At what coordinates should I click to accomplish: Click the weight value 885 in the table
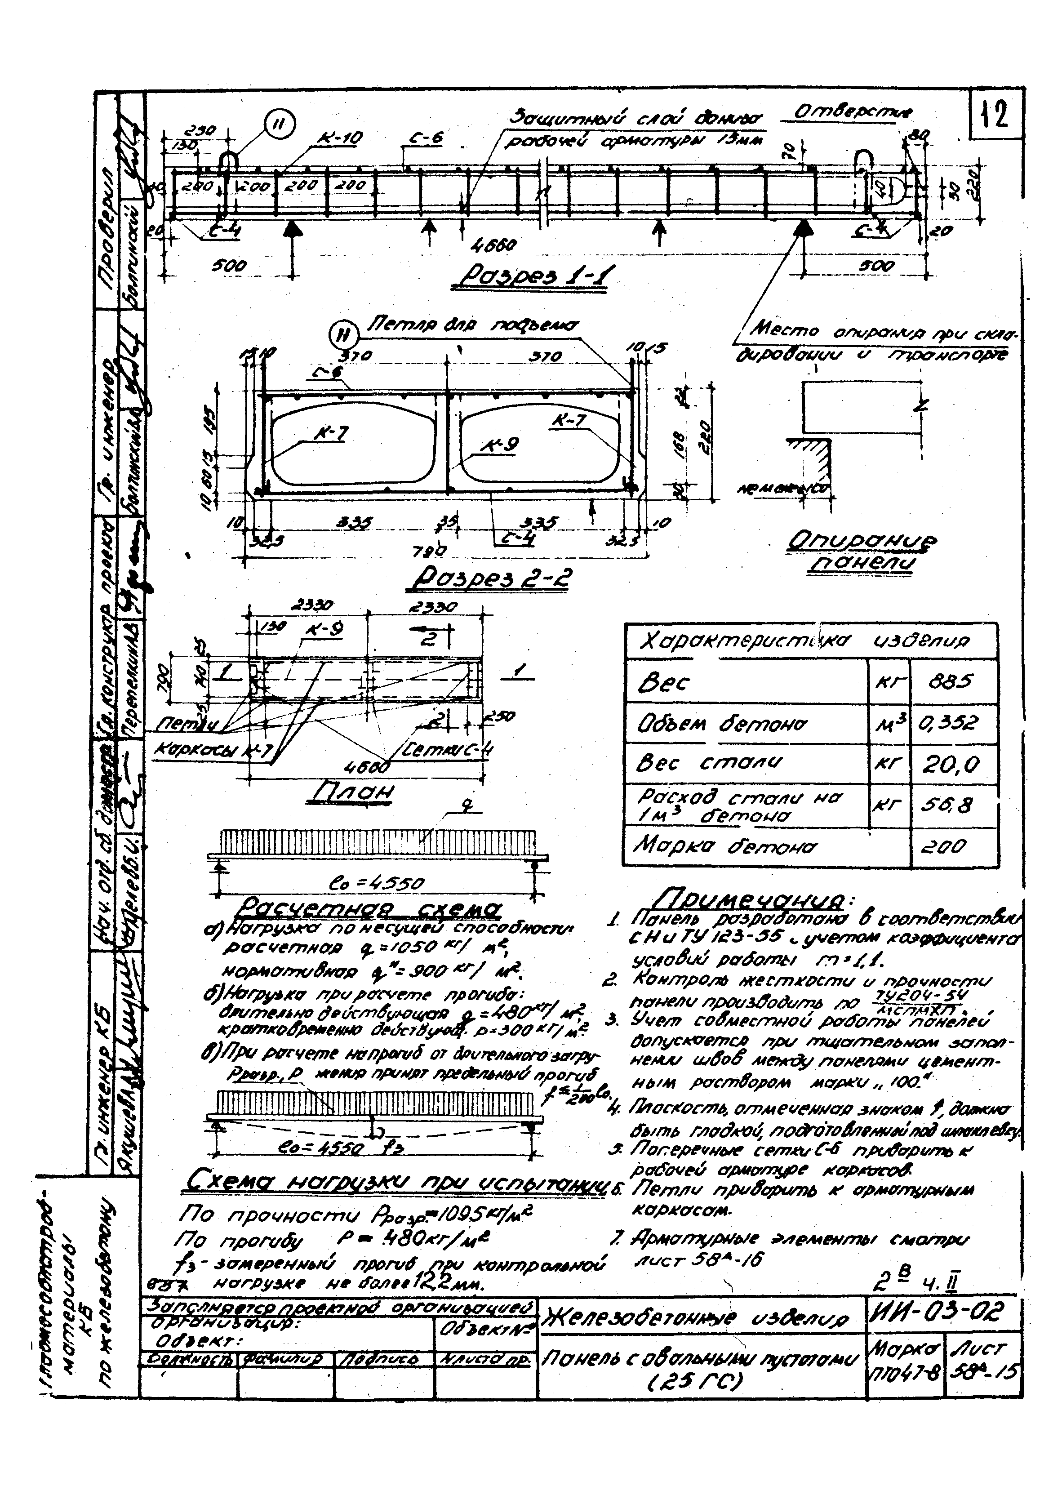(953, 681)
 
